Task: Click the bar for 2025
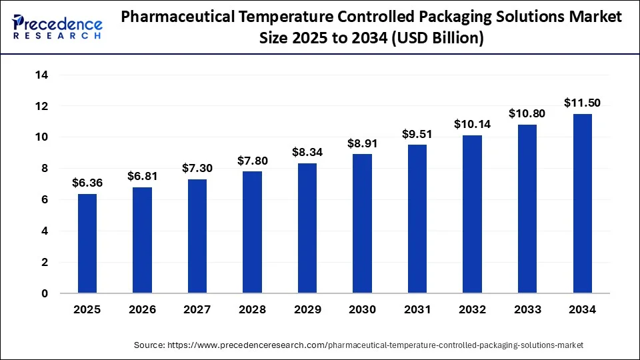87,243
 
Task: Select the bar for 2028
253,232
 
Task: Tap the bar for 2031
417,219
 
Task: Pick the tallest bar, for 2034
582,203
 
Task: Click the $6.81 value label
142,177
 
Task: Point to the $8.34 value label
307,153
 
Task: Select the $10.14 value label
472,124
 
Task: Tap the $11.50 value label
582,103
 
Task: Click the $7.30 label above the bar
197,169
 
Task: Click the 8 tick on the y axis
44,169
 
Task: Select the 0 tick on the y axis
44,293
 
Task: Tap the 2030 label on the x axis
362,309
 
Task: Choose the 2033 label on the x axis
527,309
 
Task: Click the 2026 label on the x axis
142,309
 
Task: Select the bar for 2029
307,228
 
